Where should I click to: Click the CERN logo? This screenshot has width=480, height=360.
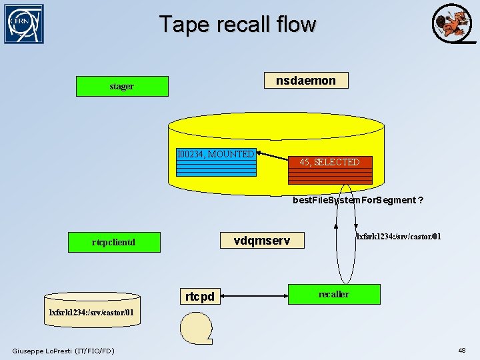point(24,24)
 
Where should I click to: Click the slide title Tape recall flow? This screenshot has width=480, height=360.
point(237,25)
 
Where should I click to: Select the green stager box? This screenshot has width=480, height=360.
point(122,86)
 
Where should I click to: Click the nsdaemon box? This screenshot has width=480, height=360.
point(306,81)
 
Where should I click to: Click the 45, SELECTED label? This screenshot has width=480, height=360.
point(329,162)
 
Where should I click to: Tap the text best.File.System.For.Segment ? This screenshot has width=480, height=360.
point(358,200)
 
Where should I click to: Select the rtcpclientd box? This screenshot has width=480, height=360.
point(113,242)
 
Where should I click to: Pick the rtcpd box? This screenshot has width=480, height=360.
point(200,295)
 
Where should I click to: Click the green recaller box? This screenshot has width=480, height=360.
point(333,294)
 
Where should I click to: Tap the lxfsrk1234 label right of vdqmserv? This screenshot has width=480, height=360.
point(398,237)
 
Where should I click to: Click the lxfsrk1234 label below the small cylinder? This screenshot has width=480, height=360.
point(92,312)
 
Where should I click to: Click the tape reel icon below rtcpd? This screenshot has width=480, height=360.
point(195,328)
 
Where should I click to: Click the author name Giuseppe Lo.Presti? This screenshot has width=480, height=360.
point(63,351)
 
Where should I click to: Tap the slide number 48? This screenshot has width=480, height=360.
point(461,350)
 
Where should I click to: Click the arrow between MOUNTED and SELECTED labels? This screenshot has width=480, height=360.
point(273,159)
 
